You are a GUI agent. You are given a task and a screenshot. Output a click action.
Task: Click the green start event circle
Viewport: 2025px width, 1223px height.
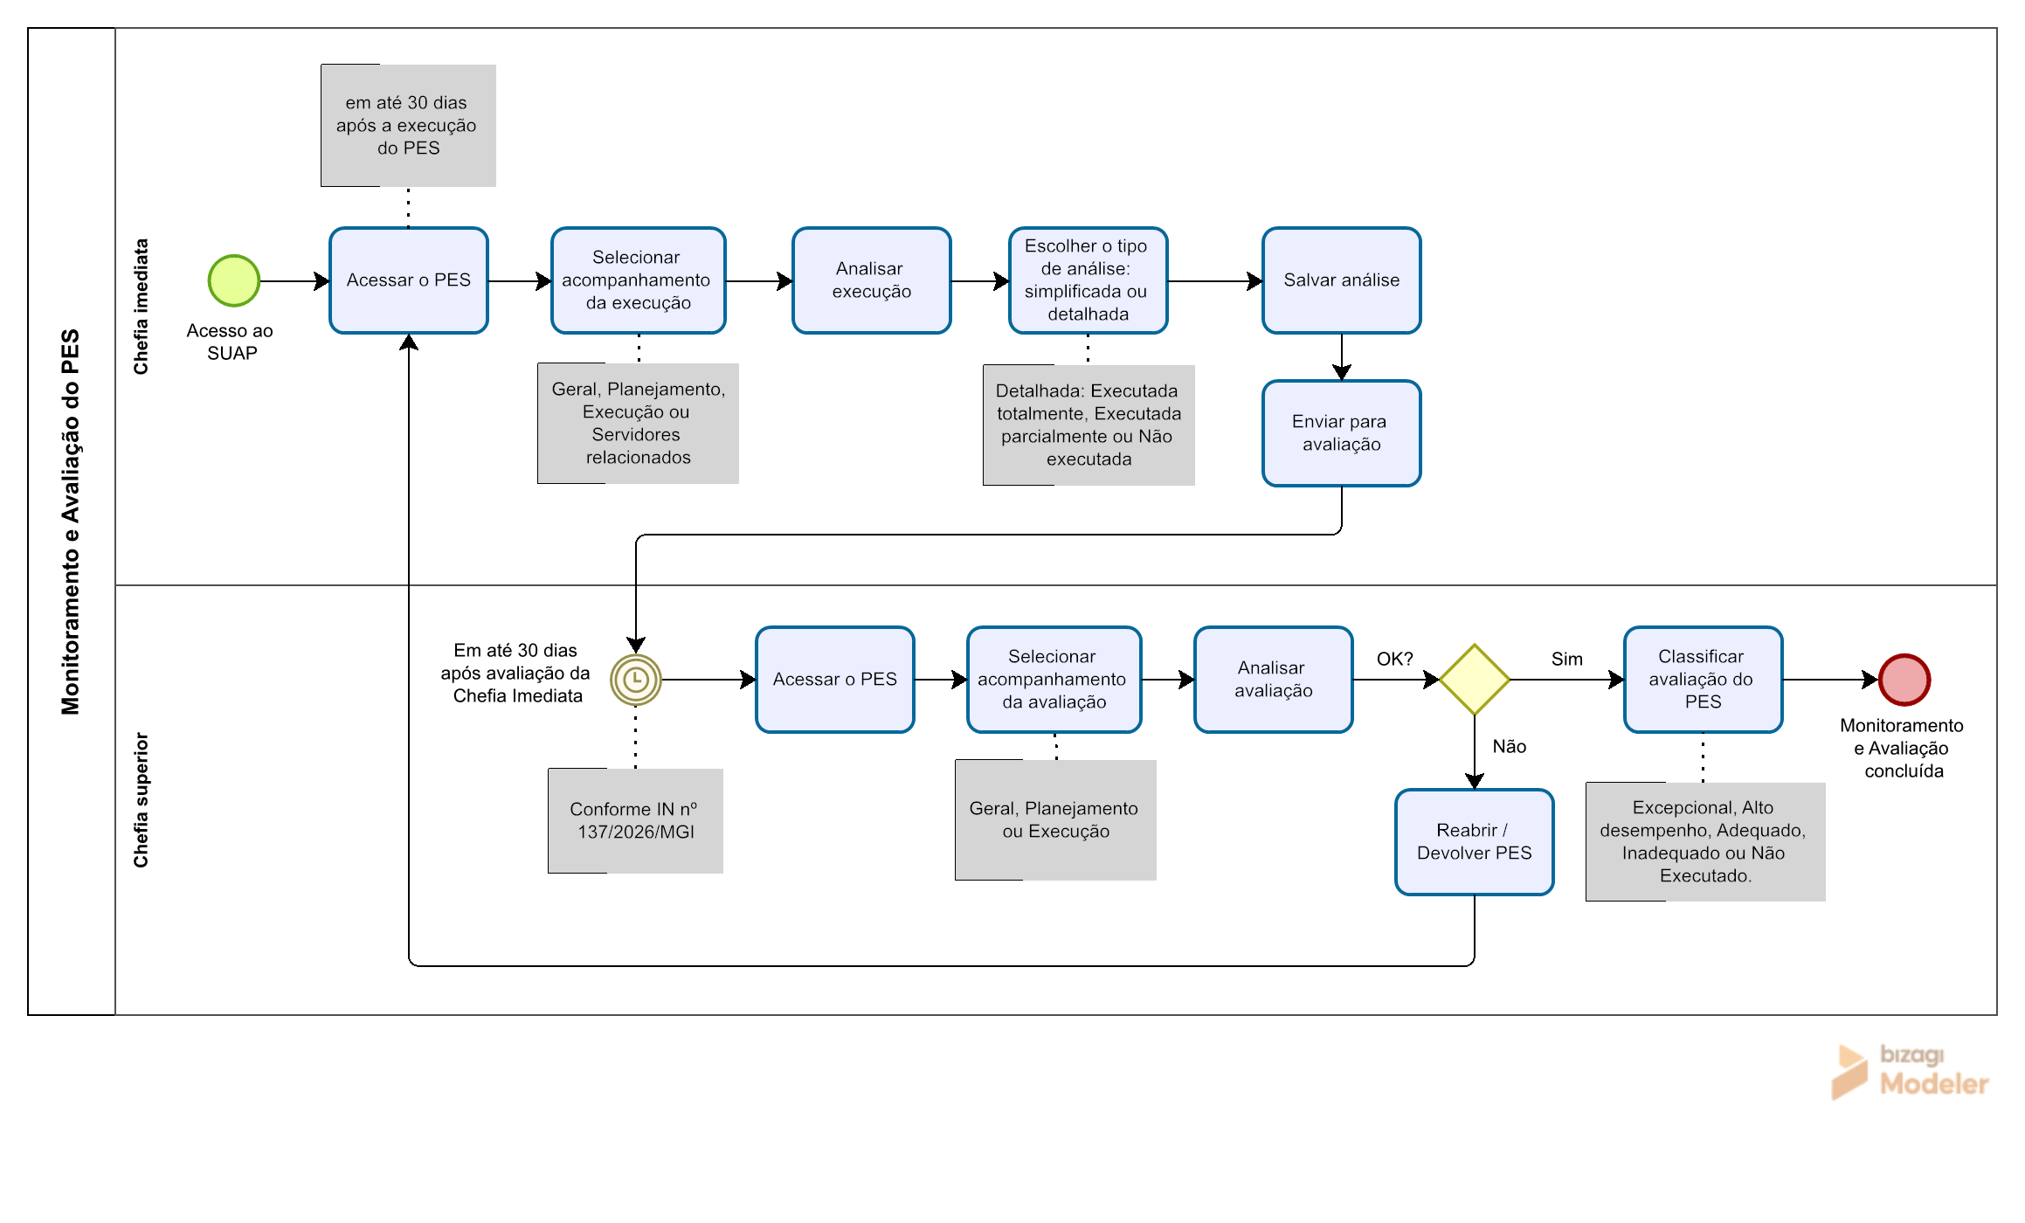(234, 280)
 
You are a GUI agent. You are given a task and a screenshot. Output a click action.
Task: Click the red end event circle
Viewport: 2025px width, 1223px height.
(1904, 680)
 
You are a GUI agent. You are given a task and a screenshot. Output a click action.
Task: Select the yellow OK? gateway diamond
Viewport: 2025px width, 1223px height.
(1475, 680)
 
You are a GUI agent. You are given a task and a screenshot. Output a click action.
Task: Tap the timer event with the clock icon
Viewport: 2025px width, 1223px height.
(636, 680)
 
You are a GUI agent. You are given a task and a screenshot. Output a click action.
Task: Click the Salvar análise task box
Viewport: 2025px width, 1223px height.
(1342, 280)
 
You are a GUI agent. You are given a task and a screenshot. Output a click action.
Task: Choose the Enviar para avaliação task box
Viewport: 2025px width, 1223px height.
(1342, 433)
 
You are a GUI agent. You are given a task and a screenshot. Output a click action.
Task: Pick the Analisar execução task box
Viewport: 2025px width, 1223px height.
(872, 280)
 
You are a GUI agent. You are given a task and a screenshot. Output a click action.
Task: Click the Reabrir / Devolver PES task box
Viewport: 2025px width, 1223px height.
(1475, 842)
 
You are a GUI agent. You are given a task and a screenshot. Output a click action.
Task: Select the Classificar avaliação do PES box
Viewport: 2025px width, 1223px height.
(1704, 680)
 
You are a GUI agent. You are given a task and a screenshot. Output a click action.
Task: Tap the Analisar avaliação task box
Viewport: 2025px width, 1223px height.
(1274, 680)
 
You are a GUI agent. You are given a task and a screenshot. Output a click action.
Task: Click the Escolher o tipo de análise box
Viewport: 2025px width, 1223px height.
(1089, 280)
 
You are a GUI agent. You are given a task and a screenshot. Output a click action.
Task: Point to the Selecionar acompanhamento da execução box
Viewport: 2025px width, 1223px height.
(639, 280)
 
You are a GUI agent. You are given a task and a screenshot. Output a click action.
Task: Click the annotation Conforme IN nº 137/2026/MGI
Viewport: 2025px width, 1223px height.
(636, 820)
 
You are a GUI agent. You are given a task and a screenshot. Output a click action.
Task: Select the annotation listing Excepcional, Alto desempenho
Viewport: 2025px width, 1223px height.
(1705, 841)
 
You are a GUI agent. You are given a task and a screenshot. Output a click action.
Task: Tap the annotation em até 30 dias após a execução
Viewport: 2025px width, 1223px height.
(408, 125)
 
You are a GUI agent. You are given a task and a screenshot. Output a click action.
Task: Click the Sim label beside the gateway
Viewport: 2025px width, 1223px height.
(1567, 659)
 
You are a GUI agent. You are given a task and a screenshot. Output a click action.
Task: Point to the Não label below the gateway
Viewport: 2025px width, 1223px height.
(1510, 746)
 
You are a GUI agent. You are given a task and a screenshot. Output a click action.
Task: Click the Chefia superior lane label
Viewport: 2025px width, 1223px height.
(141, 800)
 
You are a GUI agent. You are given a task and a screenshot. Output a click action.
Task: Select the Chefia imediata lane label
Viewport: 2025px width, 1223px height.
(141, 307)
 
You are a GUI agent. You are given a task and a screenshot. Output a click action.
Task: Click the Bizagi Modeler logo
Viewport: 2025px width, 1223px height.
(1910, 1071)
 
